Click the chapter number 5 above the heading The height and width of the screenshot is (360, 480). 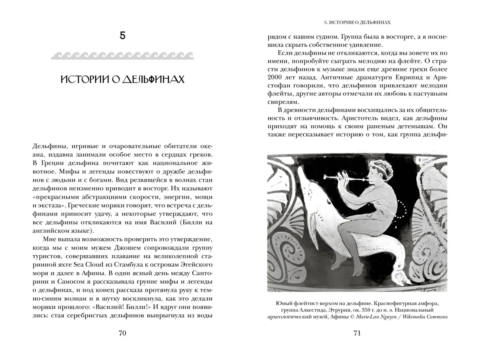click(122, 36)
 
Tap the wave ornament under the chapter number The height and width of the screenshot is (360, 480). click(122, 56)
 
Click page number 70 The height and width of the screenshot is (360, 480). click(122, 333)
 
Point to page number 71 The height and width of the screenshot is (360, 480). click(357, 333)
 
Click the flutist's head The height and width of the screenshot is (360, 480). click(377, 173)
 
